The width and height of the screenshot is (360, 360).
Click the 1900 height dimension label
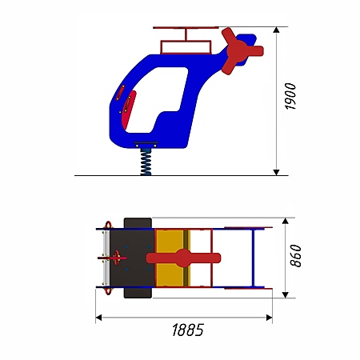pos(290,96)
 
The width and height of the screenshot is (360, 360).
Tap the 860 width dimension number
pos(295,256)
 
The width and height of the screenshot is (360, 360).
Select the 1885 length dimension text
pos(188,330)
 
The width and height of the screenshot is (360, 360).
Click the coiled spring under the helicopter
pos(146,162)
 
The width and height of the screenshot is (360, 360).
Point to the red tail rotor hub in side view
pos(237,51)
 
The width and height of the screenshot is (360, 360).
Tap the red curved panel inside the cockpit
pos(129,110)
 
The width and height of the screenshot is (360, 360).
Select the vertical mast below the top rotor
pos(186,34)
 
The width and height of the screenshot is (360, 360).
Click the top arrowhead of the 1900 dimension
pos(277,30)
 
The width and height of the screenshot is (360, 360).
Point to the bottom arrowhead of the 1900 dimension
pos(277,172)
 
